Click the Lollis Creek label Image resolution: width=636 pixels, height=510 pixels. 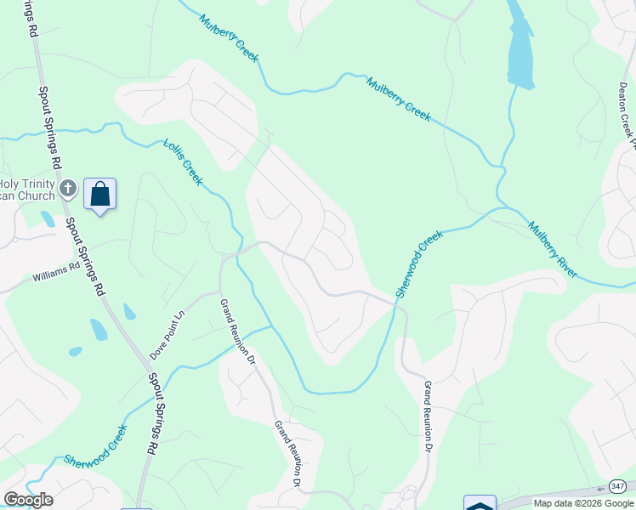tap(183, 161)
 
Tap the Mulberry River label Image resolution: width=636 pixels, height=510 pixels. tap(553, 250)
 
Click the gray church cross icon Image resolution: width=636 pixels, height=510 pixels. tap(70, 187)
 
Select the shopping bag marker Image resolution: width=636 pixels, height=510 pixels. tap(99, 195)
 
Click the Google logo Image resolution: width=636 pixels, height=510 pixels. tap(28, 500)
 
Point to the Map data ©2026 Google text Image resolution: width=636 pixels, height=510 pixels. tap(583, 503)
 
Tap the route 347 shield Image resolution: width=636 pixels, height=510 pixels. tap(617, 486)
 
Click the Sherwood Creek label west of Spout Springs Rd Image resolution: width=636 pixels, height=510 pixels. tap(95, 445)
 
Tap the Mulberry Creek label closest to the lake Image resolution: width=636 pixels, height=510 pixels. tap(399, 99)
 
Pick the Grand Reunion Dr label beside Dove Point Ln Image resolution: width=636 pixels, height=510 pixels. tap(238, 331)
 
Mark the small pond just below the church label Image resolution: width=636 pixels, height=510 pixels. tap(48, 219)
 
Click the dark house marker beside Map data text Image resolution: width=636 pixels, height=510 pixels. tap(480, 503)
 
